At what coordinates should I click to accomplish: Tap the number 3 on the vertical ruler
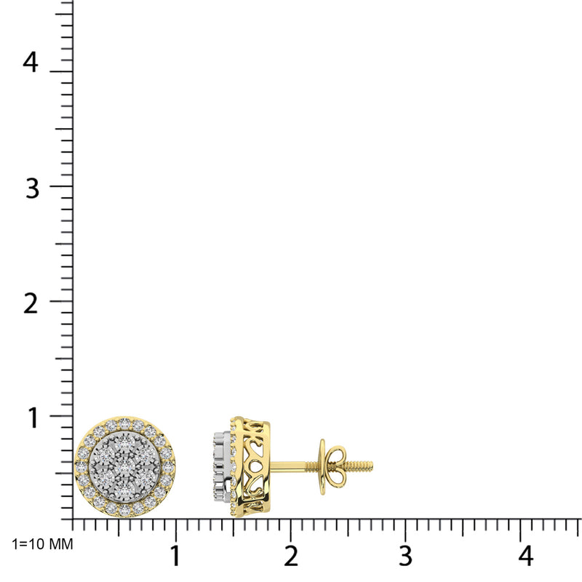[30, 188]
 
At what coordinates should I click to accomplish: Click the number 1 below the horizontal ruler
[175, 557]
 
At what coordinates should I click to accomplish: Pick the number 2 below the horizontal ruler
[290, 557]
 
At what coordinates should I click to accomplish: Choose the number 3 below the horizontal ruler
[405, 557]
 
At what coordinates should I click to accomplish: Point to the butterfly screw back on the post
[325, 466]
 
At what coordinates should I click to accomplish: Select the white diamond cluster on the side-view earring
[220, 466]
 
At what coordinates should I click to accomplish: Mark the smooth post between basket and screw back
[295, 465]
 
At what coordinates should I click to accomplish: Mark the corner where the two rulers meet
[72, 519]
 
